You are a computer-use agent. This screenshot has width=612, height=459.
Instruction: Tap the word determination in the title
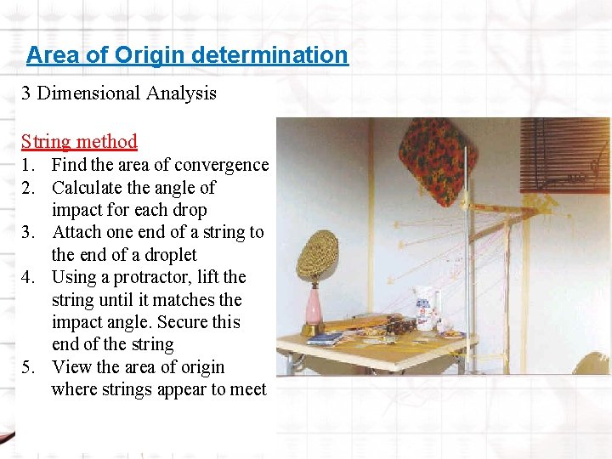click(269, 55)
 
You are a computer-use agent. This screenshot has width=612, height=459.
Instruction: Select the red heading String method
click(79, 141)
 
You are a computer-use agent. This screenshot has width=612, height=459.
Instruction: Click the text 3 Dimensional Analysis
click(119, 93)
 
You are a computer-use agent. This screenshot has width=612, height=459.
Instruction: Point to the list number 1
click(27, 165)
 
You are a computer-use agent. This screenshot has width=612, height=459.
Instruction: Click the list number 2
click(27, 187)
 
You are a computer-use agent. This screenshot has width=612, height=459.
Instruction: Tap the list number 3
click(27, 232)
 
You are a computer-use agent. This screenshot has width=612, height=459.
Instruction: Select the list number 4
click(27, 277)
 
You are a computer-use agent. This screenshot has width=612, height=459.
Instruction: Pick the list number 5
click(27, 367)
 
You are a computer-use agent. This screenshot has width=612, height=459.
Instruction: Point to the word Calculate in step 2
click(88, 187)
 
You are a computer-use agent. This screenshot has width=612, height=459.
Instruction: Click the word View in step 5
click(71, 367)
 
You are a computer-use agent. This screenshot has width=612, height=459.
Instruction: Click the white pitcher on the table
click(424, 307)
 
